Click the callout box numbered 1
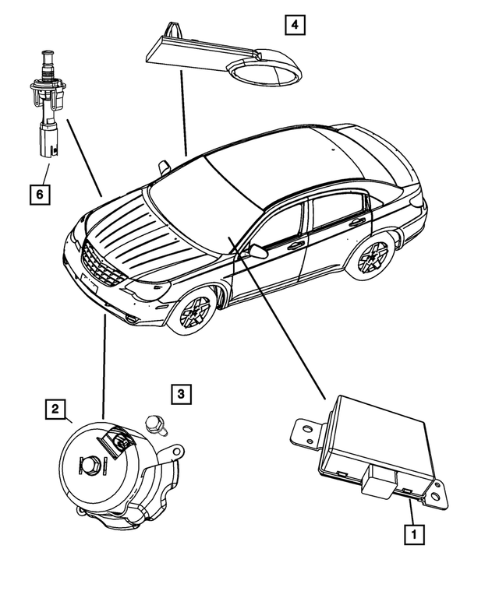[413, 535]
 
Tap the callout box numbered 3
[180, 394]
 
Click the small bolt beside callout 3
[156, 425]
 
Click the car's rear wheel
[373, 257]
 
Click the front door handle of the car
[296, 245]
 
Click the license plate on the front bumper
[88, 282]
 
